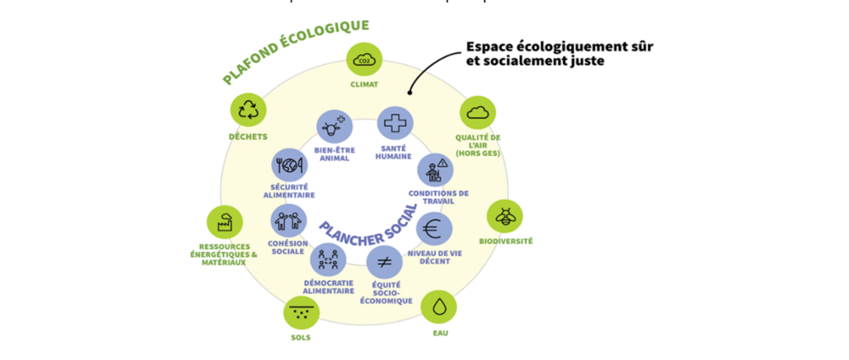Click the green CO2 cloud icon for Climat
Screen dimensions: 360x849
(364, 60)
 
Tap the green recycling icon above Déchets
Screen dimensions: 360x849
(248, 109)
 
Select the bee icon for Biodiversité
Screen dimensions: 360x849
(505, 216)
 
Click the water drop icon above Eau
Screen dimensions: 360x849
(438, 306)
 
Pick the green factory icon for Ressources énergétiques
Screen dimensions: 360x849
(224, 223)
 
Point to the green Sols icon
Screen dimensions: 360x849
(301, 312)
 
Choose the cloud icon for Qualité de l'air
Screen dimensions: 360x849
(478, 113)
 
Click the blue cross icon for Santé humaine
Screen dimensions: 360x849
(395, 123)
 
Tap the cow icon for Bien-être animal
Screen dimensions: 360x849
(334, 127)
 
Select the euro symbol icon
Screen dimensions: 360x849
(434, 229)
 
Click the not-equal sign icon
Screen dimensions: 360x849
(385, 263)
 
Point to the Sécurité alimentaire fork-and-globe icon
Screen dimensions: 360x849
(290, 165)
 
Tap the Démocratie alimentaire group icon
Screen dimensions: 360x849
(328, 260)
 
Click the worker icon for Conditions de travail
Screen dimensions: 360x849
(435, 170)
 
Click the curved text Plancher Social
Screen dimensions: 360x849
(368, 225)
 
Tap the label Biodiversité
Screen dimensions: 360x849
(505, 241)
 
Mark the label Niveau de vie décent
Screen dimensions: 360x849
(435, 257)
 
